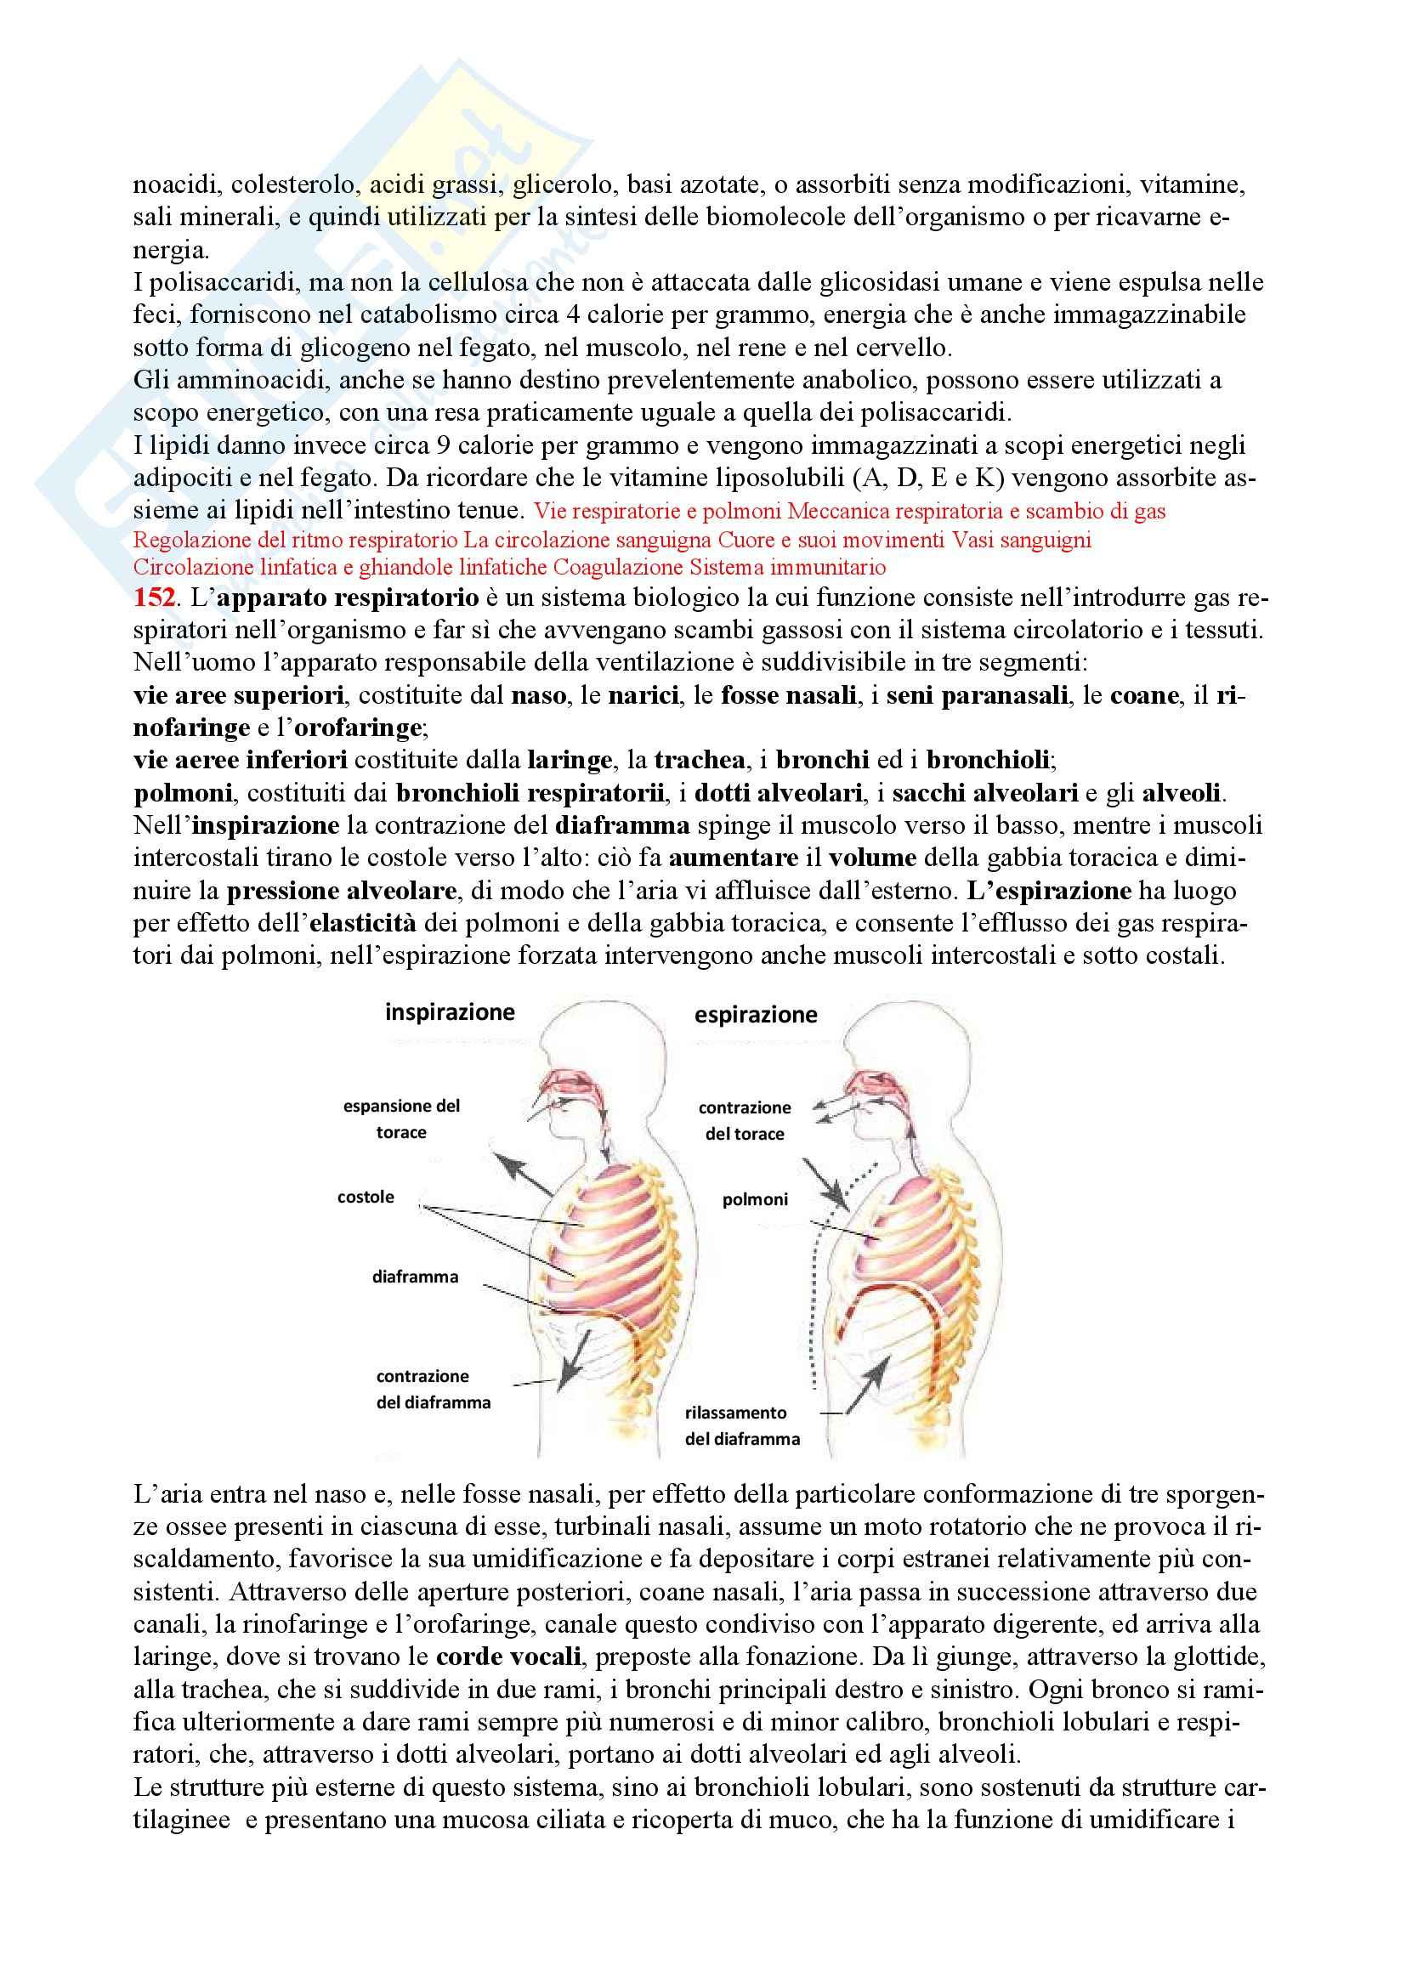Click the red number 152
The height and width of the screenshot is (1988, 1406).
(x=153, y=598)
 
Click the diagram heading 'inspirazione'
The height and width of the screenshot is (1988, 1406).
(x=450, y=1012)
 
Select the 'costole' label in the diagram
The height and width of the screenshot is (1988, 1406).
(x=366, y=1197)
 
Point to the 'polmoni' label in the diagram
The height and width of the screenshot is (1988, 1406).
(x=755, y=1199)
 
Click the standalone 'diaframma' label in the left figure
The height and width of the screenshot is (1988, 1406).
(x=415, y=1277)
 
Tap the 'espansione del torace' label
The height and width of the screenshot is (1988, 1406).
(x=402, y=1119)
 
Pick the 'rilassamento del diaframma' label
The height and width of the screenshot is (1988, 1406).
(x=742, y=1425)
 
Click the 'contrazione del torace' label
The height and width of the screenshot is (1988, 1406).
(x=745, y=1120)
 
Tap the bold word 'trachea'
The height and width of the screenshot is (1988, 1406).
(x=700, y=760)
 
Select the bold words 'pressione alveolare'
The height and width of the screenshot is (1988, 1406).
(x=341, y=890)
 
